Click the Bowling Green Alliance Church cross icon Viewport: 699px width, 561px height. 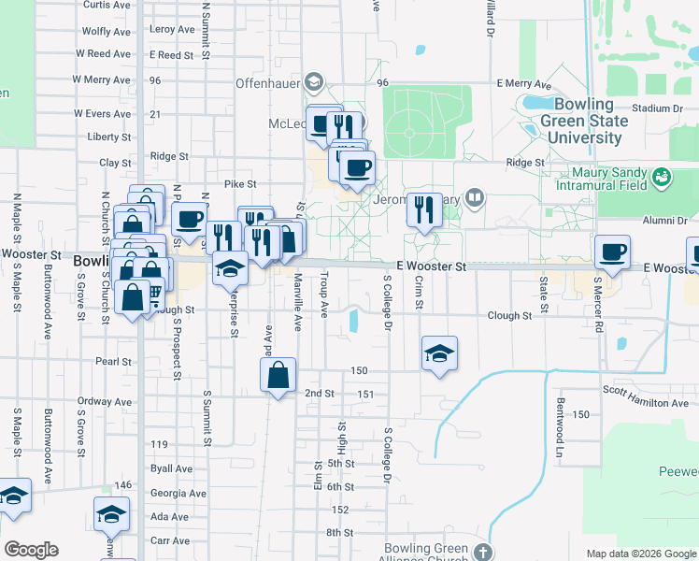481,551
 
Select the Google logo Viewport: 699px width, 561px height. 31,550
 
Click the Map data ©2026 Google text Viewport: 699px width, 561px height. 640,554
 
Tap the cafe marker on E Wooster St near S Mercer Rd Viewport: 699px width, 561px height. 613,252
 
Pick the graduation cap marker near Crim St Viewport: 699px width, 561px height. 439,353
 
